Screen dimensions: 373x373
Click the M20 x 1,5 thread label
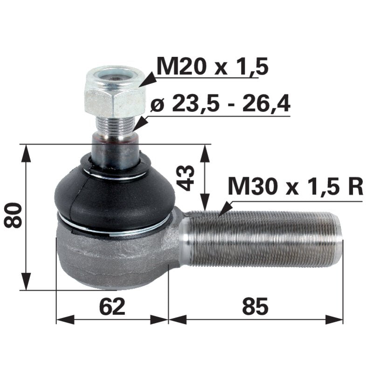213,67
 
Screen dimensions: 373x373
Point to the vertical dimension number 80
14,215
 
